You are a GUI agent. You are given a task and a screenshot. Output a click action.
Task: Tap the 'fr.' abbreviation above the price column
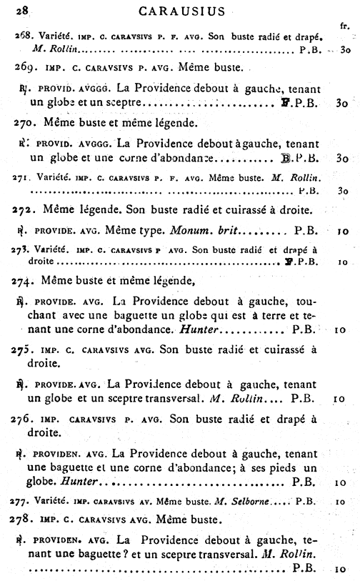coord(344,26)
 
